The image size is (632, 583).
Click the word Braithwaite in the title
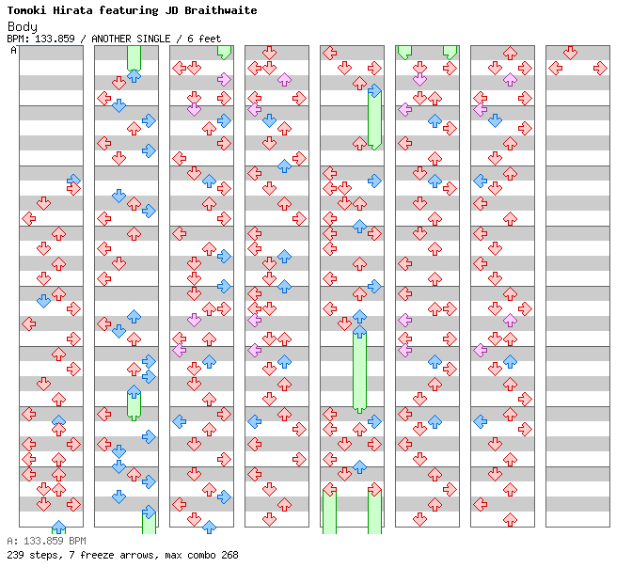click(x=220, y=10)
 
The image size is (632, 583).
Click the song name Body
click(x=23, y=26)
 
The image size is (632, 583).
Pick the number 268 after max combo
click(x=229, y=555)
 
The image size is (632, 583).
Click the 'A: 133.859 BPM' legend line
click(x=46, y=541)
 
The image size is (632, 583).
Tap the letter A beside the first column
click(x=13, y=50)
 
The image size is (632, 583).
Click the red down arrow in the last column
click(x=570, y=53)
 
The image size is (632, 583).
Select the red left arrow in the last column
click(x=556, y=68)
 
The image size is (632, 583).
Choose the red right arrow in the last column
click(x=601, y=68)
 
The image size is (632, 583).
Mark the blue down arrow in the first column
click(x=43, y=301)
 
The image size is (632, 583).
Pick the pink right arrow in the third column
click(x=224, y=79)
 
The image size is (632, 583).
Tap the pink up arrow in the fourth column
click(x=285, y=79)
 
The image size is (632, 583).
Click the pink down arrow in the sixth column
click(x=420, y=79)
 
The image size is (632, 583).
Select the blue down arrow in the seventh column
click(x=495, y=120)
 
